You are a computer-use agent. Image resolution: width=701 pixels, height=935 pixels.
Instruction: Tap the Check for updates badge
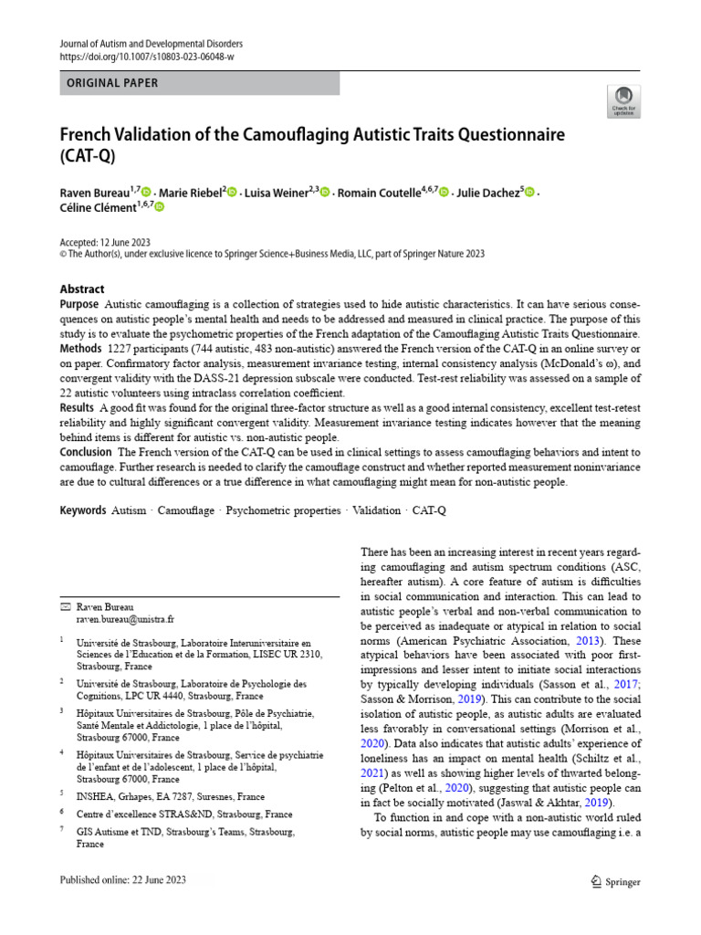pyautogui.click(x=623, y=101)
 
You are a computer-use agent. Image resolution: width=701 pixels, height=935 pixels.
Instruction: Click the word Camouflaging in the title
pyautogui.click(x=297, y=135)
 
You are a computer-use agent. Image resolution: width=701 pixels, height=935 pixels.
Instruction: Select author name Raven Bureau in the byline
pyautogui.click(x=95, y=193)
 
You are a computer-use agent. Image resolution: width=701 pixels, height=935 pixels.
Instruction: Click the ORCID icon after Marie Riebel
pyautogui.click(x=232, y=192)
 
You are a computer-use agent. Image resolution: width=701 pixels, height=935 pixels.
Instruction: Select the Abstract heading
pyautogui.click(x=82, y=289)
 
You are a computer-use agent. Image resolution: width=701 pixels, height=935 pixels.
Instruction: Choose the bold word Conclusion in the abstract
pyautogui.click(x=86, y=452)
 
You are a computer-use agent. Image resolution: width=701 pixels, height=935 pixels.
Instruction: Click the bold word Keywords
pyautogui.click(x=83, y=510)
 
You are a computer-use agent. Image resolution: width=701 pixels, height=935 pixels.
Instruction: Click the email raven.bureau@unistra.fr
pyautogui.click(x=125, y=618)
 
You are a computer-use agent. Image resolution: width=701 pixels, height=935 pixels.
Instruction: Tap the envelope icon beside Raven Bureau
pyautogui.click(x=64, y=606)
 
